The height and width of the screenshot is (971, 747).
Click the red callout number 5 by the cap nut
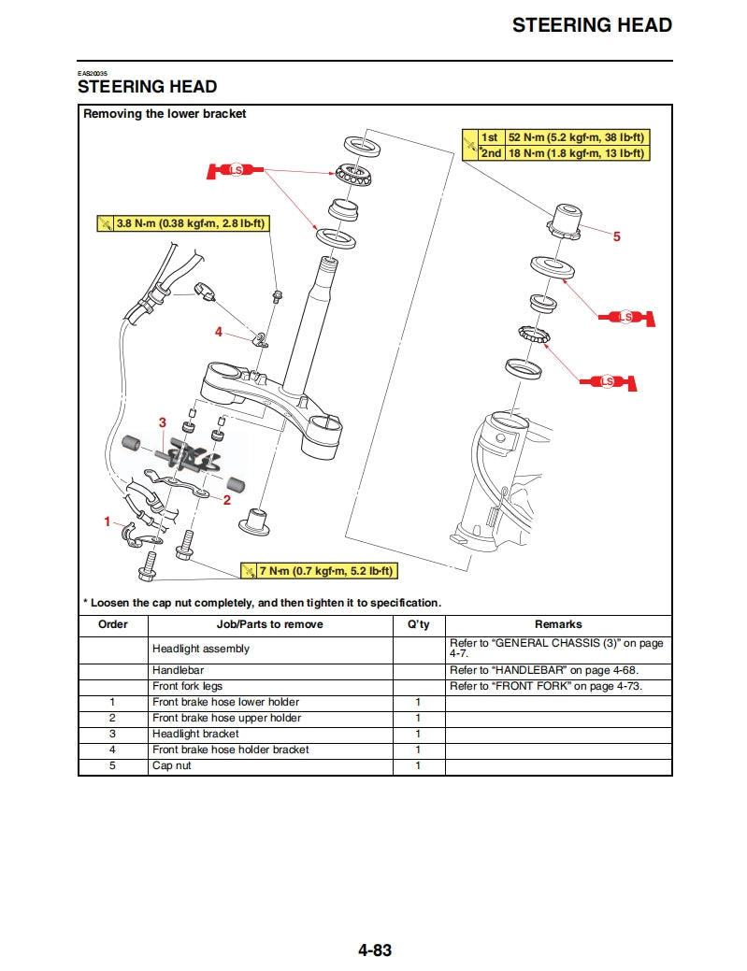(616, 237)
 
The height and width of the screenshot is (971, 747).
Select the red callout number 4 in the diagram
(219, 332)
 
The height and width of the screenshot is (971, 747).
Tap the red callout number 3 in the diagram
(162, 423)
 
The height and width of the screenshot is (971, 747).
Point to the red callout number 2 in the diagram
(226, 500)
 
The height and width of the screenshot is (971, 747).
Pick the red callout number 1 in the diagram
(108, 521)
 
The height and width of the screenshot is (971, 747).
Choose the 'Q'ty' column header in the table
(419, 624)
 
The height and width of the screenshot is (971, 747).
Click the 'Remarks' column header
(558, 624)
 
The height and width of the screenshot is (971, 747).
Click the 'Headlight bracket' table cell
(195, 734)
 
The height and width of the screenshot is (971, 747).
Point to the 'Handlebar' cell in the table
(178, 670)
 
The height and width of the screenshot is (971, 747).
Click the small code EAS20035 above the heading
(93, 74)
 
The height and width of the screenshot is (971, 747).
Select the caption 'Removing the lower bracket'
(165, 114)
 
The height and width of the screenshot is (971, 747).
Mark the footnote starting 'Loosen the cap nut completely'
(262, 603)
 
